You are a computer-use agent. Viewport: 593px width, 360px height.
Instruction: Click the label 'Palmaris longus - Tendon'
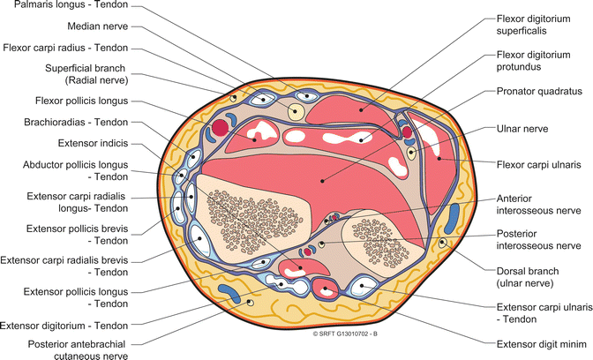(x=65, y=7)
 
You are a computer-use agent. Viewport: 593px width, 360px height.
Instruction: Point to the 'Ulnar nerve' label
(x=524, y=129)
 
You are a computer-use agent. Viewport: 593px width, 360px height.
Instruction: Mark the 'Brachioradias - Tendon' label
(x=79, y=123)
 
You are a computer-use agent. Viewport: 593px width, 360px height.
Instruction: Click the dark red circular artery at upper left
(x=221, y=128)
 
